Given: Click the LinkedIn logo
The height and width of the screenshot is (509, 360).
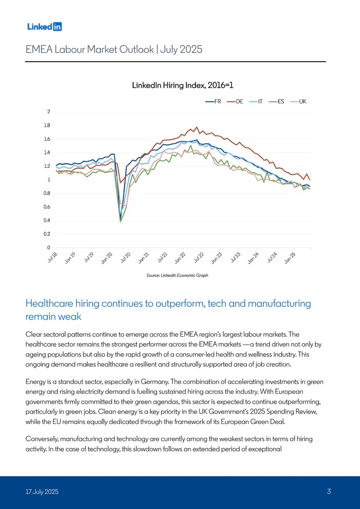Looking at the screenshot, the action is [x=45, y=27].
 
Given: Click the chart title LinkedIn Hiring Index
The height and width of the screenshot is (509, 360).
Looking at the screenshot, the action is [x=183, y=86].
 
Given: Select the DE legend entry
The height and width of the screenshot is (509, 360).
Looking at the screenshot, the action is [x=235, y=102].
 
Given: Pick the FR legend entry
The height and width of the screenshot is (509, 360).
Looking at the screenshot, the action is [x=213, y=102].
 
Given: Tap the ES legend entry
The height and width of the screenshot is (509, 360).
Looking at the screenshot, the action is [x=277, y=102].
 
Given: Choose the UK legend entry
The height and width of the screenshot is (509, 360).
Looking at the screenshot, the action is [x=298, y=102].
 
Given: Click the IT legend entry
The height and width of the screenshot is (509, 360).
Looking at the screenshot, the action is [x=256, y=102].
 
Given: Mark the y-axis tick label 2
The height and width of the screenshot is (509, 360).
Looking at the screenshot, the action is [x=49, y=112].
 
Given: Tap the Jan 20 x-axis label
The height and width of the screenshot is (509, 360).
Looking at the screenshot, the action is [x=107, y=258].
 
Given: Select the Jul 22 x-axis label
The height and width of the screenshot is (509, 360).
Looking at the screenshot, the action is [x=198, y=258].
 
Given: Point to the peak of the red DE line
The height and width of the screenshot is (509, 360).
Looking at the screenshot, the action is [x=197, y=127].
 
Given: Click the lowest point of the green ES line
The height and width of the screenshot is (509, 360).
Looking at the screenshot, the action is [x=121, y=221].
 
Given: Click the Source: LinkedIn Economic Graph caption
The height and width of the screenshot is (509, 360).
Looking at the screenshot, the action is [x=177, y=275].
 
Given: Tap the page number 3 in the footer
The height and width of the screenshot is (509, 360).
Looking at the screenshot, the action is [x=329, y=491].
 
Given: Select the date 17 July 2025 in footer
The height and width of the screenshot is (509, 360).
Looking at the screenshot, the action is [x=42, y=491].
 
